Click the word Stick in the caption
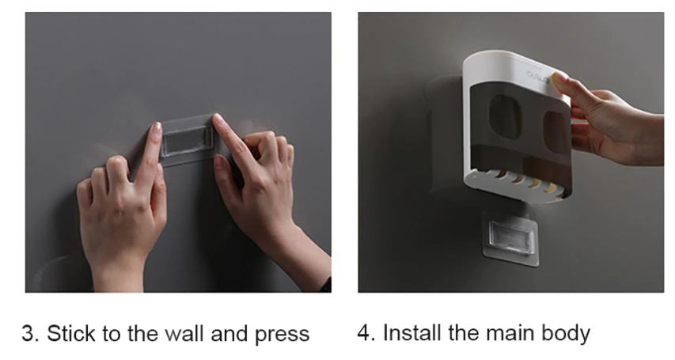(x=70, y=334)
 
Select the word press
(x=282, y=335)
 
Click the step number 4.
(x=365, y=333)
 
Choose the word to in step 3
(x=111, y=334)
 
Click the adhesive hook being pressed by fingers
(x=188, y=140)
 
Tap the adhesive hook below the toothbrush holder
(x=511, y=238)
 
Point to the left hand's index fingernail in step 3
(x=156, y=128)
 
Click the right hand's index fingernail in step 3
(x=218, y=119)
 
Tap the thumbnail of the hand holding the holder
(x=558, y=78)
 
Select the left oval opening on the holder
(x=506, y=116)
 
